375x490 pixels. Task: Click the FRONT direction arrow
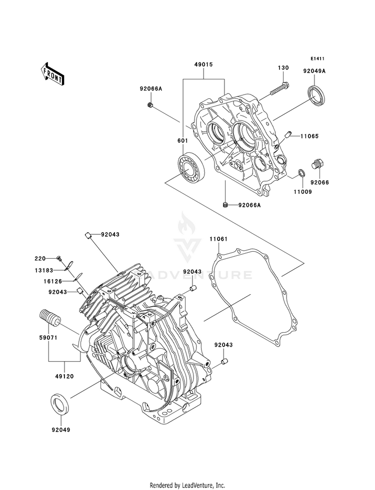(52, 73)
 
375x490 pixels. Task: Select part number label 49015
(203, 65)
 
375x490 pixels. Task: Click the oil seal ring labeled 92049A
(317, 93)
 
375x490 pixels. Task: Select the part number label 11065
(309, 136)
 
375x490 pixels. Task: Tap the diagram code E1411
(317, 58)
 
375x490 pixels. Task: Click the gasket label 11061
(218, 239)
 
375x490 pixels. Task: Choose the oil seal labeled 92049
(60, 406)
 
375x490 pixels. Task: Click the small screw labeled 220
(59, 258)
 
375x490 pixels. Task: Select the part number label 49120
(64, 377)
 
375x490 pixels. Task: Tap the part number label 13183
(44, 270)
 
